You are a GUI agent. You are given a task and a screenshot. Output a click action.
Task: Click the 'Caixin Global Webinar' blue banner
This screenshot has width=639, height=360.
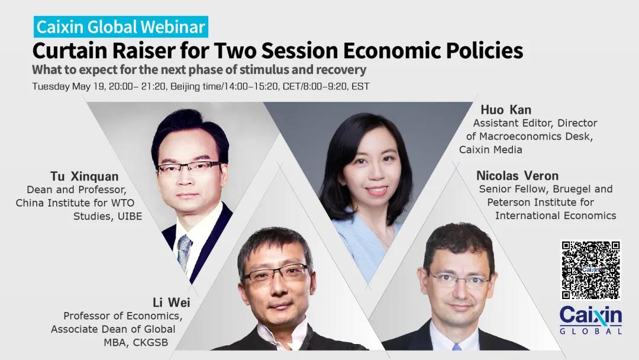pos(121,27)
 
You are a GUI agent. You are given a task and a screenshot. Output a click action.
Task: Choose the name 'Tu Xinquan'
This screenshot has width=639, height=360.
pos(85,176)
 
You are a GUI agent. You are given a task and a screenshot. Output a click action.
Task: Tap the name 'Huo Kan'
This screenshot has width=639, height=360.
pos(506,110)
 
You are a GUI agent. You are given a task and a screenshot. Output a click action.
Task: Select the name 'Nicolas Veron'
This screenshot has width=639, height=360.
pos(517,176)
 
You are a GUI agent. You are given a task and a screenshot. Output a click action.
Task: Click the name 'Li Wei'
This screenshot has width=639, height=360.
pos(171,303)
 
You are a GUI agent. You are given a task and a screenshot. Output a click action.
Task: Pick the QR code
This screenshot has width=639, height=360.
pos(591,270)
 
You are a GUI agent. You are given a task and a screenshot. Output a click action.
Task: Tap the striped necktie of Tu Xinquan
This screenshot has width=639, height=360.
pos(184,252)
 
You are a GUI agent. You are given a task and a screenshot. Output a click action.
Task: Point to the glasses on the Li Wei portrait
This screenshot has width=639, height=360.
pos(276,273)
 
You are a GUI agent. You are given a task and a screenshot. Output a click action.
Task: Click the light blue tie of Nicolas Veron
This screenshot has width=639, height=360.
pos(456,347)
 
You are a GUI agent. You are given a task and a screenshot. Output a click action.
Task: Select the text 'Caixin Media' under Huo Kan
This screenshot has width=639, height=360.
pos(490,150)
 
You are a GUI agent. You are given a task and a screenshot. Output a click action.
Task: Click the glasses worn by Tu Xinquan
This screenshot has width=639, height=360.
pos(189,169)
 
